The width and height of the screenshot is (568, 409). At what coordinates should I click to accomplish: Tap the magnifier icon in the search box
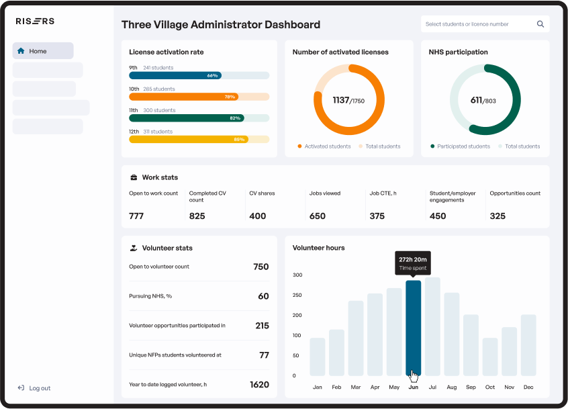540,24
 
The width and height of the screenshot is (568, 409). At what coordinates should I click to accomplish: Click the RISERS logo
35,21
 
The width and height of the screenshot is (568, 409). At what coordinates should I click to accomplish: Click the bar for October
490,357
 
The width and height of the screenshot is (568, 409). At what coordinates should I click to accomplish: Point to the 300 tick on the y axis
297,275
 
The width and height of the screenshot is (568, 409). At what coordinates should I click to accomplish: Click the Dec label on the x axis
528,388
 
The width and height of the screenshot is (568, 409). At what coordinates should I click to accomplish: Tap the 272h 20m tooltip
413,263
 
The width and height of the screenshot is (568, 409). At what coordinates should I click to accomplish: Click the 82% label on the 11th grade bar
235,118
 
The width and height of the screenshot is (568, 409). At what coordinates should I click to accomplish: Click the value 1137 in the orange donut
341,100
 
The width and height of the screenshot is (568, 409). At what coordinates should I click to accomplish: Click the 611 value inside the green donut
476,100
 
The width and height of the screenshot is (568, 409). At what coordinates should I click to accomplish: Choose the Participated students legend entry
463,146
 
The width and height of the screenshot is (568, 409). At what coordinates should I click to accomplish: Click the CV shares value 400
258,216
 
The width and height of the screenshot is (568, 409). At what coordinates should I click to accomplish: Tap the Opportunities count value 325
498,216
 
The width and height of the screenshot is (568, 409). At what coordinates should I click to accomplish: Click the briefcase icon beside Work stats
134,177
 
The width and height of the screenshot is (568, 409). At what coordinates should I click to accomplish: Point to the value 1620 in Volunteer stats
259,385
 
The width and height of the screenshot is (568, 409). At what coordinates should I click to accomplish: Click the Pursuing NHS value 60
263,296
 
